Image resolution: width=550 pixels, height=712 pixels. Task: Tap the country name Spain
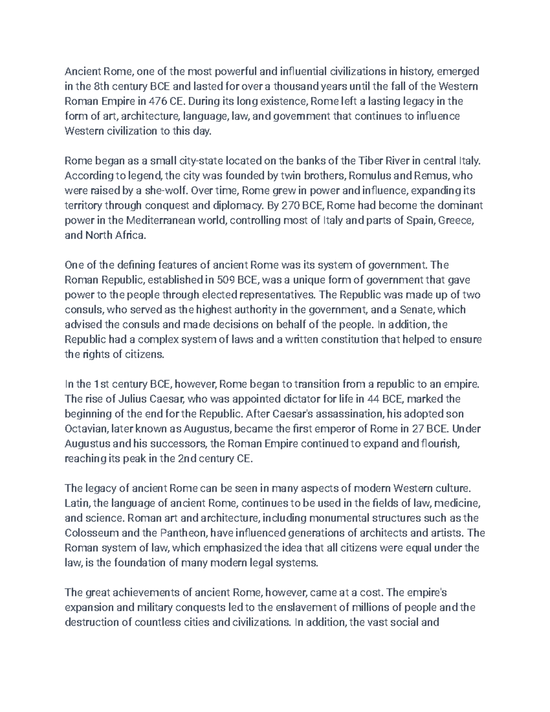coord(420,221)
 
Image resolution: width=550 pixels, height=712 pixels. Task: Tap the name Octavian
coord(84,429)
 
